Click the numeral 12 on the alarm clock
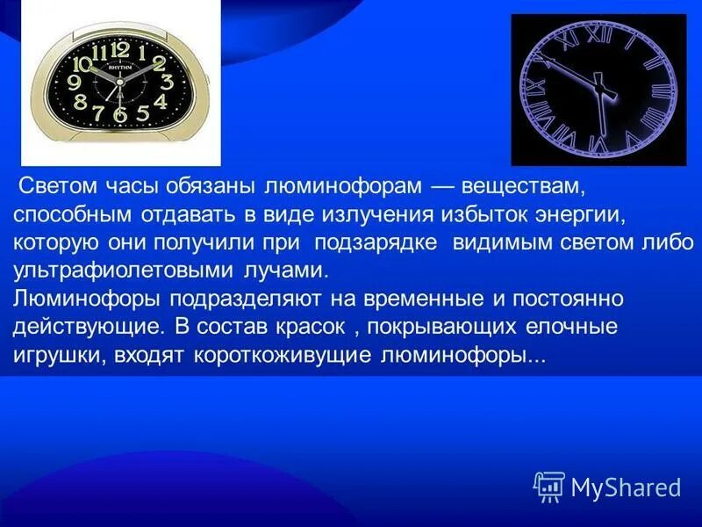[x=120, y=50]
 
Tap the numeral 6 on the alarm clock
[x=120, y=113]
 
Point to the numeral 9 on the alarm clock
[x=74, y=82]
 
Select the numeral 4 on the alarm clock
[x=160, y=101]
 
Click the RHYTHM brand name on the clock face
[x=120, y=66]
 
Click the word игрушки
[x=55, y=357]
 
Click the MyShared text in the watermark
[x=626, y=487]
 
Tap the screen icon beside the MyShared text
[x=549, y=486]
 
